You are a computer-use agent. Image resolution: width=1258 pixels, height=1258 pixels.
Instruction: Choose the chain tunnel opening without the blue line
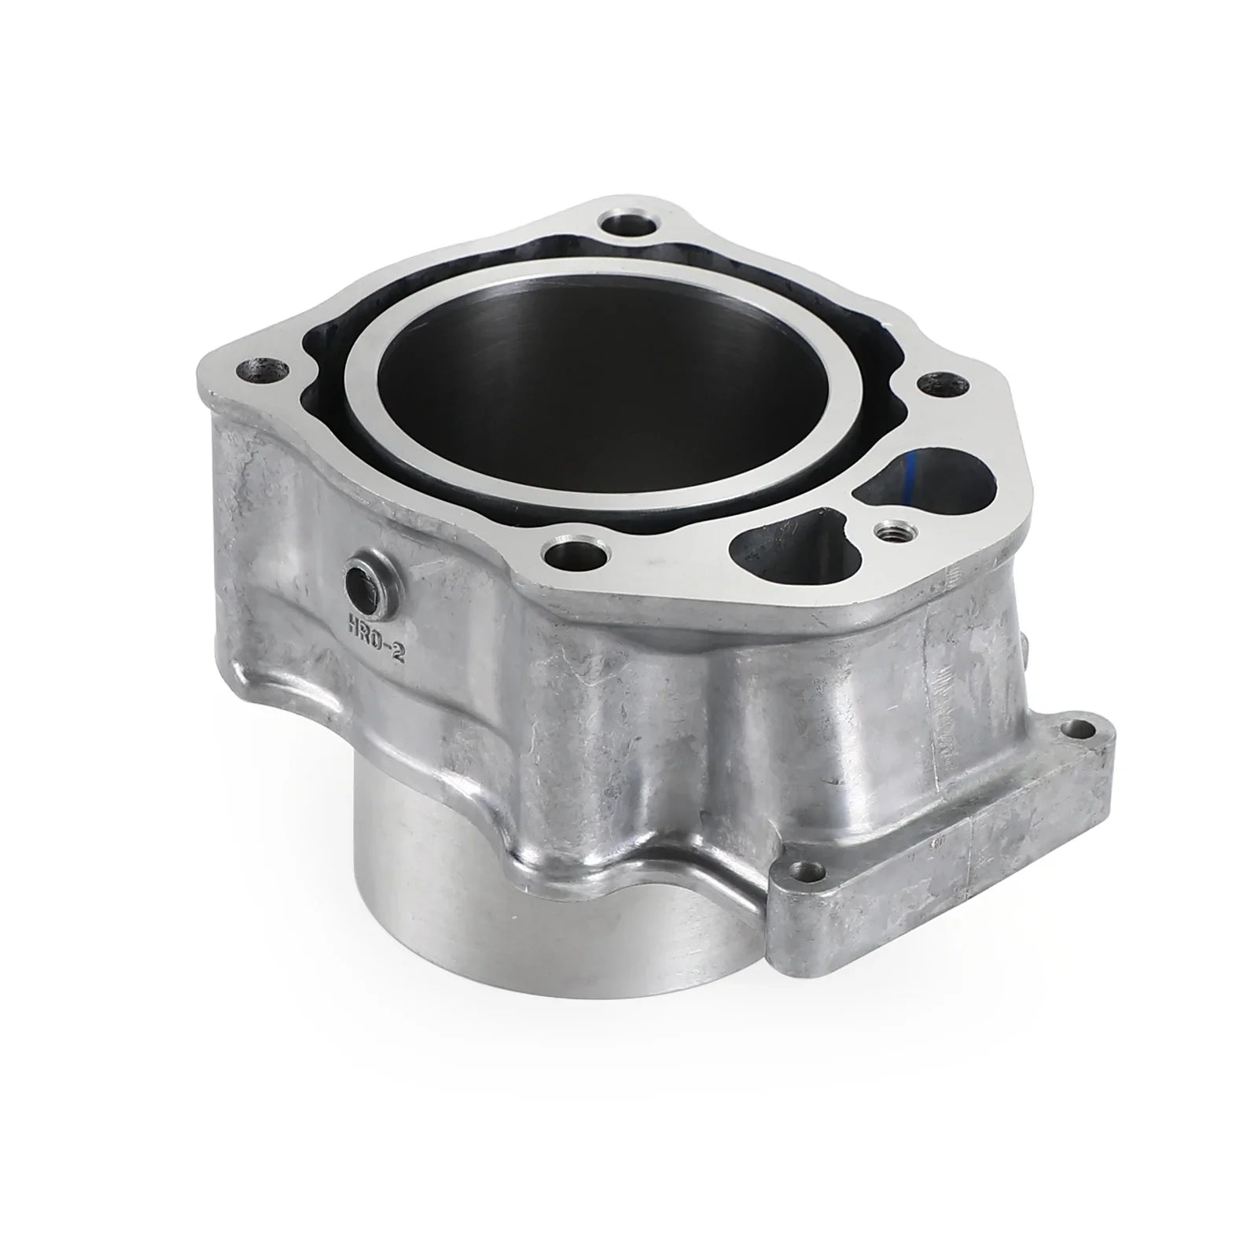(786, 550)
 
